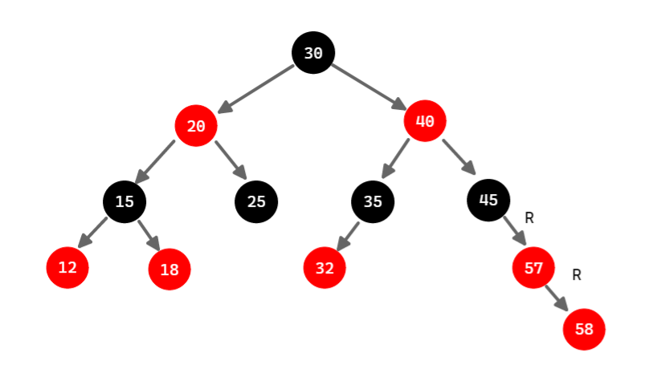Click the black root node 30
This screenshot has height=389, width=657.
tap(313, 53)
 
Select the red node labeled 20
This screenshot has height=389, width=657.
tap(197, 126)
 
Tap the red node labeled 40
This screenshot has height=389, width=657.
tap(425, 122)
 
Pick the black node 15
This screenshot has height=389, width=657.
tap(124, 201)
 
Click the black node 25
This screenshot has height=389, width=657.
tap(256, 201)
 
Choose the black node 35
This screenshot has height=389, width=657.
tap(373, 201)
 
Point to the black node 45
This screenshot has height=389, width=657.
tap(488, 200)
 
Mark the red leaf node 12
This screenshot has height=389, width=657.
tap(67, 267)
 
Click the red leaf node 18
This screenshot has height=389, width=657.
tap(169, 269)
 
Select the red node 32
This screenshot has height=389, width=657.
tap(324, 267)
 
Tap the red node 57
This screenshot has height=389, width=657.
tap(534, 267)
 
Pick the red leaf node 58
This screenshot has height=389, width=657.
tap(584, 329)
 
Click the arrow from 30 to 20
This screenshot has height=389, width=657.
tap(256, 88)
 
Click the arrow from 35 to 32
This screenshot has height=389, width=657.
tap(348, 236)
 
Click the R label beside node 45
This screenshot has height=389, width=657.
tap(529, 217)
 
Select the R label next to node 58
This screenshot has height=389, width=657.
tap(577, 275)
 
